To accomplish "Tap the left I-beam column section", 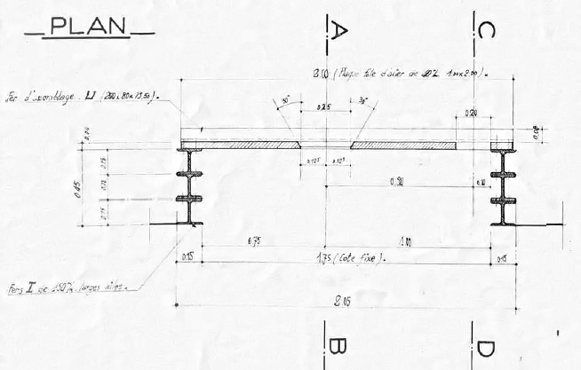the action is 191,187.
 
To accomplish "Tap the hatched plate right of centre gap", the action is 404,145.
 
